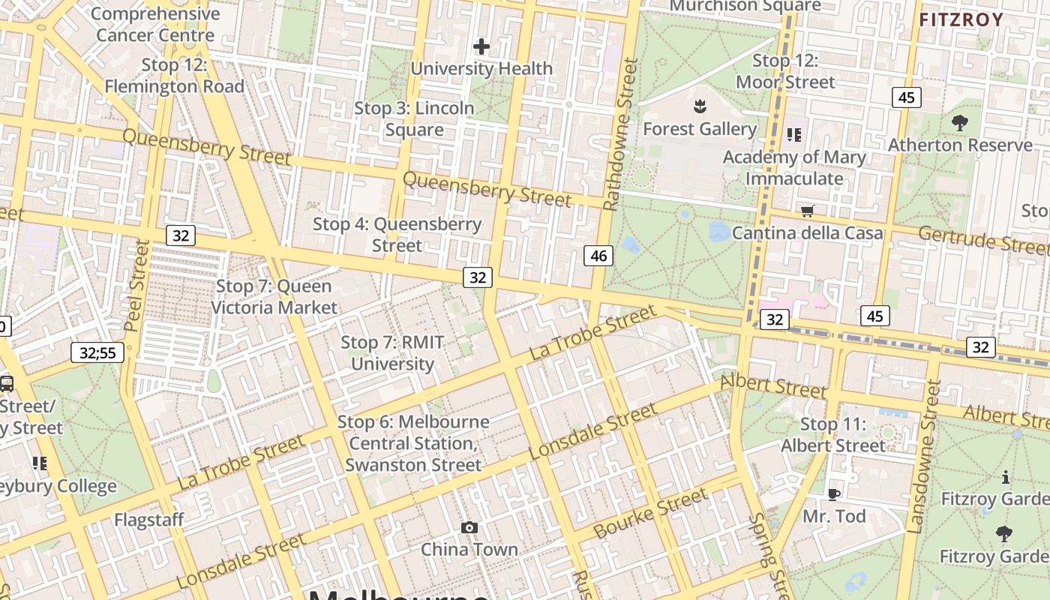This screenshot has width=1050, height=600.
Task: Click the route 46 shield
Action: click(x=598, y=256)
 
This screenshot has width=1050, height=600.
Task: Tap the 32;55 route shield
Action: click(x=98, y=352)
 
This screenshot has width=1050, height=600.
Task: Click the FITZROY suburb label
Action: click(x=961, y=20)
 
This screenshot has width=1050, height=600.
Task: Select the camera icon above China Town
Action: click(x=469, y=528)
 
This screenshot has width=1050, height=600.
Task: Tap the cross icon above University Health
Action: click(x=481, y=46)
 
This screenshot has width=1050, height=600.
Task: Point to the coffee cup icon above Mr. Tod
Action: click(x=833, y=494)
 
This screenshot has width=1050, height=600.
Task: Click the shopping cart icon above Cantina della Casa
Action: click(x=807, y=211)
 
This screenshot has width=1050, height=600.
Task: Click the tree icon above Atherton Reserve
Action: click(x=959, y=123)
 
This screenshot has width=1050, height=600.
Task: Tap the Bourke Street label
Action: click(x=650, y=514)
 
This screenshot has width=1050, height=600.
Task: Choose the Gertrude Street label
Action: click(x=983, y=241)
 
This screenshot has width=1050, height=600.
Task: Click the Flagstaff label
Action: click(x=149, y=519)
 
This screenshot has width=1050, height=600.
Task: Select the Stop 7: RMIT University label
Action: click(x=393, y=353)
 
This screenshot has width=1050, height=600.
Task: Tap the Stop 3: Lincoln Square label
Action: click(x=414, y=118)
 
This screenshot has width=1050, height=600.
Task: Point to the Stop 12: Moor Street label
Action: click(x=785, y=71)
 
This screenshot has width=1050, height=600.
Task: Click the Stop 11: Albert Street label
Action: click(x=832, y=435)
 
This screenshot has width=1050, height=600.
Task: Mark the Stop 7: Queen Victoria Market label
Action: click(x=274, y=297)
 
